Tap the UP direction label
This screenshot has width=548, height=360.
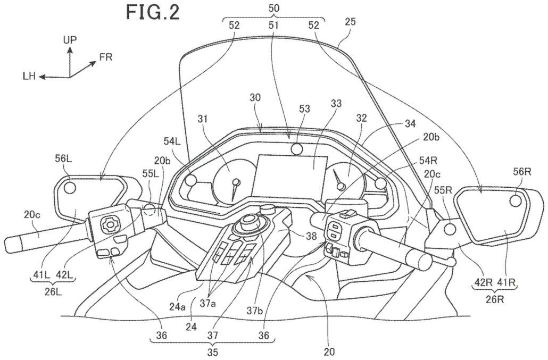[70, 40]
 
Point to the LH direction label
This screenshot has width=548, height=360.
[29, 77]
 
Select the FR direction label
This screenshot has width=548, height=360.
[106, 56]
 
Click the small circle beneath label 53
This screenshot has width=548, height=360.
[298, 149]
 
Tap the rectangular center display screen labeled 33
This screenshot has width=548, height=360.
[289, 176]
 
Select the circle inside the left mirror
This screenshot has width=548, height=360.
[69, 188]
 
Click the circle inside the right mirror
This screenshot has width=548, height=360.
[514, 200]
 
